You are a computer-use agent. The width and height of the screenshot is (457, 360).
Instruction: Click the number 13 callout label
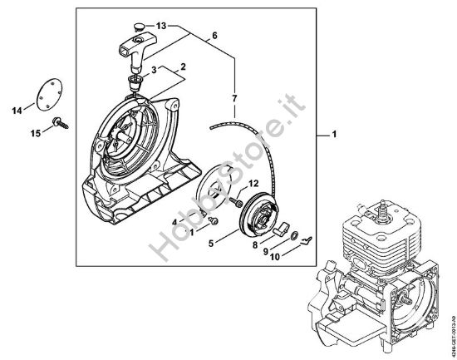pyautogui.click(x=161, y=26)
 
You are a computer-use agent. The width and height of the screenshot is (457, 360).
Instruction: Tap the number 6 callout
pyautogui.click(x=214, y=36)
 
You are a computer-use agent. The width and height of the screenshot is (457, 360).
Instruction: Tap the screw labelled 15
pyautogui.click(x=60, y=125)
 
